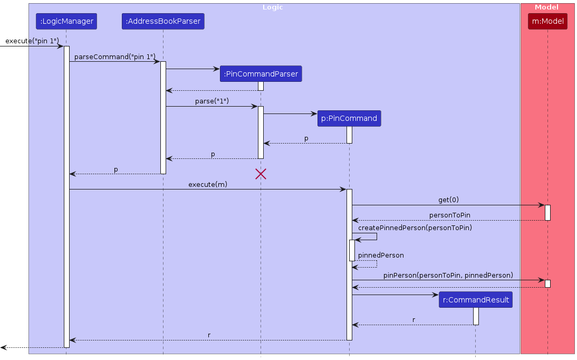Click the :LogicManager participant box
pyautogui.click(x=66, y=21)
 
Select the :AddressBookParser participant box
pyautogui.click(x=163, y=21)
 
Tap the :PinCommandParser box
pyautogui.click(x=261, y=74)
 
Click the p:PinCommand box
pyautogui.click(x=349, y=118)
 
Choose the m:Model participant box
pyautogui.click(x=547, y=21)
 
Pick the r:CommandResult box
pyautogui.click(x=475, y=300)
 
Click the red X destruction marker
pyautogui.click(x=261, y=174)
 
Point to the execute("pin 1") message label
pyautogui.click(x=32, y=41)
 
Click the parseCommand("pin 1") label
pyautogui.click(x=115, y=56)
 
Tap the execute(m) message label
pyautogui.click(x=208, y=184)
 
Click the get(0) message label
pyautogui.click(x=448, y=200)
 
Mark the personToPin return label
pyautogui.click(x=449, y=215)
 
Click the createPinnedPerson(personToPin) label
pyautogui.click(x=415, y=228)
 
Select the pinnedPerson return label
pyautogui.click(x=381, y=255)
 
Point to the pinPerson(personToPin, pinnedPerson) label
pyautogui.click(x=448, y=276)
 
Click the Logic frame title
pyautogui.click(x=273, y=7)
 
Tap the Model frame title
pyautogui.click(x=546, y=7)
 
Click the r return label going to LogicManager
pyautogui.click(x=209, y=335)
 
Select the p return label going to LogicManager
pyautogui.click(x=116, y=169)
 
